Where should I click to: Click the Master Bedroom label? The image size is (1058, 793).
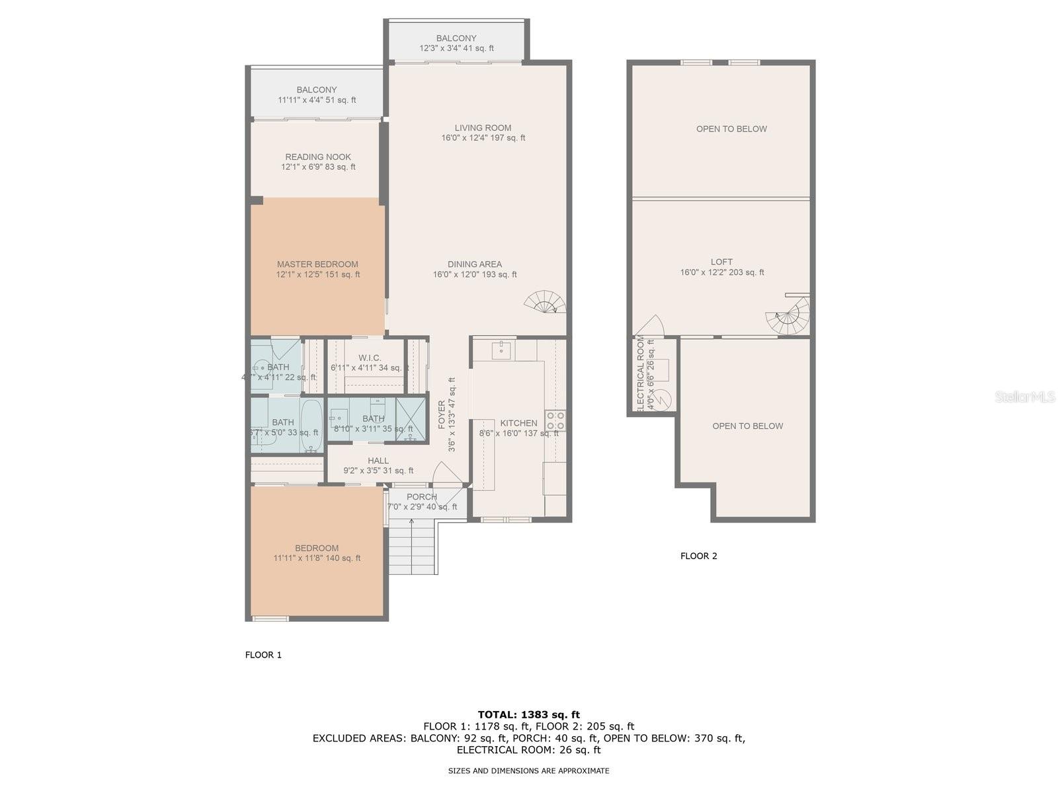point(317,264)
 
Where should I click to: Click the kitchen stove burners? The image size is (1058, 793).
point(555,420)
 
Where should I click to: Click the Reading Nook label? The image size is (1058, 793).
point(318,157)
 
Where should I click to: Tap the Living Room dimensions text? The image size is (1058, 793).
point(483,138)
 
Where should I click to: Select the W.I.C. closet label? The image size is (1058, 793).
point(370,358)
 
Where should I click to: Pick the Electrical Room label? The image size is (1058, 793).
point(640,373)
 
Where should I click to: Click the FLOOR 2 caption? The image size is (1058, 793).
point(698,556)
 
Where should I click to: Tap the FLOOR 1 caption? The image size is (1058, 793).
point(263,655)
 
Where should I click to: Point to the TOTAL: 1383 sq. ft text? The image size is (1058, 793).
point(528,714)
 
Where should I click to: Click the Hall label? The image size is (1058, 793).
point(378,461)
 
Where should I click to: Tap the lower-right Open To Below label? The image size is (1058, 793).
point(747,426)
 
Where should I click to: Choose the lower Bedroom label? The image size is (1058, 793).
point(317,548)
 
